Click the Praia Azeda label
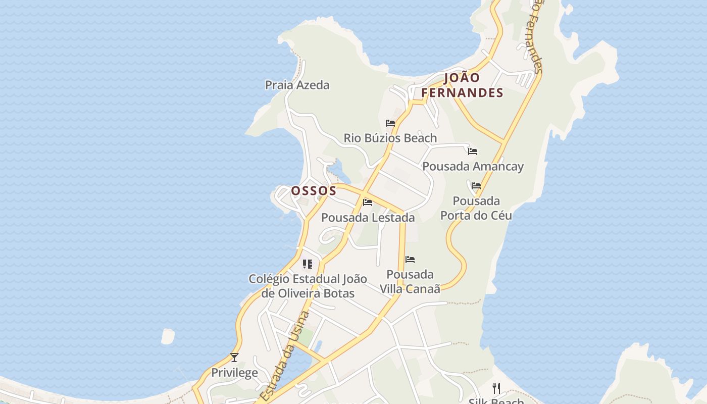[x=297, y=85]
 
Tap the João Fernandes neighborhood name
[x=462, y=85]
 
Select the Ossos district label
[x=314, y=191]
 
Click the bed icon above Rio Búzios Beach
[x=390, y=123]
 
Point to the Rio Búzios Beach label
[x=390, y=138]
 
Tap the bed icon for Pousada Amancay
[x=473, y=151]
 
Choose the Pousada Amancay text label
[x=473, y=166]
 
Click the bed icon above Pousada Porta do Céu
[x=476, y=186]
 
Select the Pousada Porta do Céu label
[x=476, y=208]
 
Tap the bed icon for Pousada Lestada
[x=368, y=203]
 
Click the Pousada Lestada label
[x=368, y=218]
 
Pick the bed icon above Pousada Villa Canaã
[x=410, y=260]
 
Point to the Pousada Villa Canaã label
[x=410, y=281]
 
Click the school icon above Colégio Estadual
[x=308, y=264]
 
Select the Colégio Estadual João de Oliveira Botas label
[x=308, y=286]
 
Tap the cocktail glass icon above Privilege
[x=234, y=358]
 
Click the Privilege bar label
[x=234, y=373]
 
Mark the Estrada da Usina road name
[x=285, y=356]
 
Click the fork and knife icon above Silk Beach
[x=496, y=388]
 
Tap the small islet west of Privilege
[x=168, y=336]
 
